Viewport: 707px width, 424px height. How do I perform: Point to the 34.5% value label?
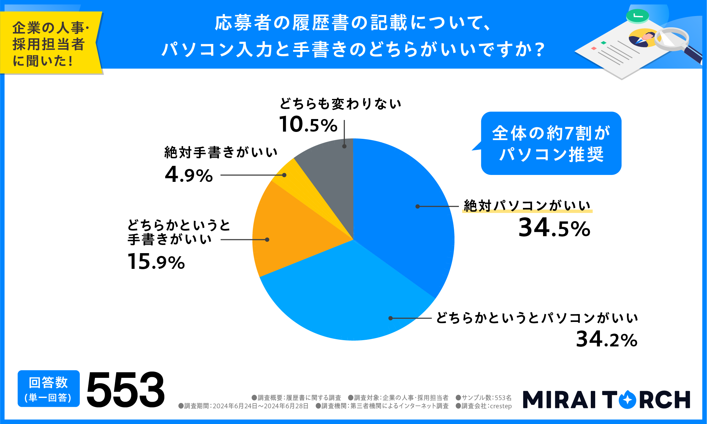pyautogui.click(x=554, y=228)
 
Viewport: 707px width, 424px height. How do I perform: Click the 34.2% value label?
pyautogui.click(x=606, y=340)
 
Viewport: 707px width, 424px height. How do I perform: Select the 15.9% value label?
pyautogui.click(x=156, y=262)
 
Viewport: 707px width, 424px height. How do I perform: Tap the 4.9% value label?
pyautogui.click(x=189, y=175)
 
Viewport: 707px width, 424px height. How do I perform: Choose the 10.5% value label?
pyautogui.click(x=308, y=124)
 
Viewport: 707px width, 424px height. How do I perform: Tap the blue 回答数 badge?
pyautogui.click(x=48, y=389)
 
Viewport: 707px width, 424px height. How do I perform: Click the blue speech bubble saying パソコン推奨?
pyautogui.click(x=551, y=143)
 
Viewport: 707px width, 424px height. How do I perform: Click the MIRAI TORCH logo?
pyautogui.click(x=606, y=399)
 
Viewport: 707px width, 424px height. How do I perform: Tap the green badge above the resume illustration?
pyautogui.click(x=637, y=16)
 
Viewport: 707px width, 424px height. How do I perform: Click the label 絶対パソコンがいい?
pyautogui.click(x=527, y=206)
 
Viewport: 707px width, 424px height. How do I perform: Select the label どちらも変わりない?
pyautogui.click(x=340, y=104)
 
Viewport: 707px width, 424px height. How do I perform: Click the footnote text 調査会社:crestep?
pyautogui.click(x=484, y=406)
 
